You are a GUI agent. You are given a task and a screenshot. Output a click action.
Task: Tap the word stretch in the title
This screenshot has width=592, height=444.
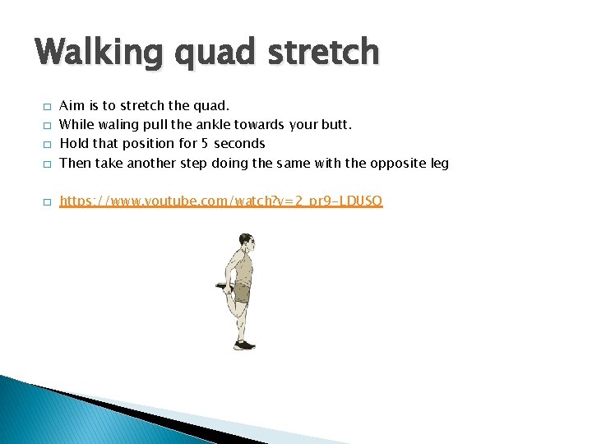[329, 53]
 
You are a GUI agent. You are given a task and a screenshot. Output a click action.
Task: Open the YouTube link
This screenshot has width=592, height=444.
[221, 201]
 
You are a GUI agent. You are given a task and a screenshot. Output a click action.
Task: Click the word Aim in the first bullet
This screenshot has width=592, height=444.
[72, 106]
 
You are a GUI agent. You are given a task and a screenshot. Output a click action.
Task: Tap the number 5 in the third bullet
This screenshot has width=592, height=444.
[205, 144]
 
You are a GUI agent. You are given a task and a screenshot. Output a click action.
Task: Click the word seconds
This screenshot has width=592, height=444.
[239, 144]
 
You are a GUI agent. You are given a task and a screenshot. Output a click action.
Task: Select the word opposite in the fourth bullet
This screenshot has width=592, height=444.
[395, 163]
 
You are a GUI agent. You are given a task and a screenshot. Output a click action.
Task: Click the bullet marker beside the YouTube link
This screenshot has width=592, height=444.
[48, 202]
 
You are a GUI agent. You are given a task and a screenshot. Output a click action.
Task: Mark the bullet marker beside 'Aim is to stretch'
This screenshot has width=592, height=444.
[48, 107]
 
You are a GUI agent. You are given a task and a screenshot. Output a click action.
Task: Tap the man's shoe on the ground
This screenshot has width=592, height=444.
[244, 345]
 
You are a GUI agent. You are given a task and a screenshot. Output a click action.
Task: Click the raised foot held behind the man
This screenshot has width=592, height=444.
[221, 288]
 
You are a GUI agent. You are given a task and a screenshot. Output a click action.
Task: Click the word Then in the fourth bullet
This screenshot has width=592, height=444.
[76, 163]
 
